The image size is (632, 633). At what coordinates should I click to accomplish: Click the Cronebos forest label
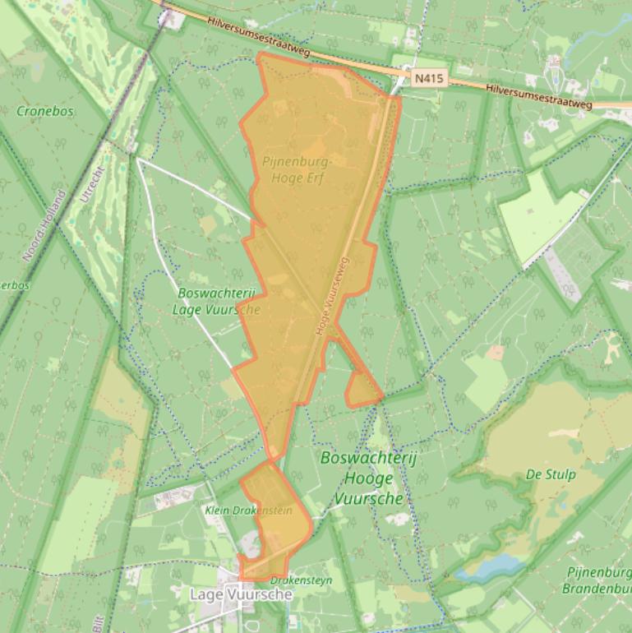tap(44, 110)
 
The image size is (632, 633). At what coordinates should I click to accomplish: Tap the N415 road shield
tap(429, 79)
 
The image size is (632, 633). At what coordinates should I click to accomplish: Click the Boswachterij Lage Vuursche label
tap(216, 302)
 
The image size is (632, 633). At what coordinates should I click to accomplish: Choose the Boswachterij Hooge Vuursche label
tap(368, 478)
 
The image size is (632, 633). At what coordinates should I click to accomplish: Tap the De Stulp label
tap(551, 474)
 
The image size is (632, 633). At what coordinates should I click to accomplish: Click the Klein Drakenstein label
tap(248, 511)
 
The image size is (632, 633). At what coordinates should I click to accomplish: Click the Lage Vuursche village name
tap(241, 594)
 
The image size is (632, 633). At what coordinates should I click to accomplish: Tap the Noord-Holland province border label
tap(45, 225)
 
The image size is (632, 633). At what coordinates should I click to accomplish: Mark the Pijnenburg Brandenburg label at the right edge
tap(597, 580)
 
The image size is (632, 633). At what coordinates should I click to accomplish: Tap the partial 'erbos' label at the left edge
tap(14, 285)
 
